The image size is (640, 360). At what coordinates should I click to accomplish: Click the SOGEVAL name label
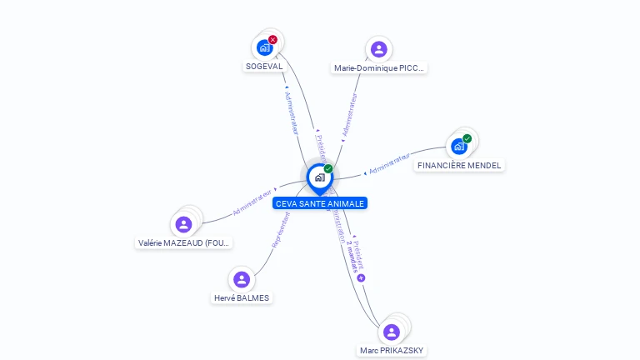pyautogui.click(x=264, y=66)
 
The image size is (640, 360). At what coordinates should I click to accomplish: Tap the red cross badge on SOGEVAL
pyautogui.click(x=272, y=39)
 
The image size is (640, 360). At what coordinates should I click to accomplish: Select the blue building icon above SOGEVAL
pyautogui.click(x=265, y=47)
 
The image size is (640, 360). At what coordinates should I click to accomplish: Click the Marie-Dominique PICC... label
pyautogui.click(x=379, y=68)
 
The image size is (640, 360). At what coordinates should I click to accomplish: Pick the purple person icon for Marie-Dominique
pyautogui.click(x=379, y=49)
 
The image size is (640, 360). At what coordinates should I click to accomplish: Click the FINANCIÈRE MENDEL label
pyautogui.click(x=459, y=165)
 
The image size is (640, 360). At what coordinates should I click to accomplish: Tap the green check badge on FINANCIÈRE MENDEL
pyautogui.click(x=467, y=138)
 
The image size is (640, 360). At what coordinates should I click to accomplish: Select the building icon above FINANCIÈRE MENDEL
pyautogui.click(x=458, y=147)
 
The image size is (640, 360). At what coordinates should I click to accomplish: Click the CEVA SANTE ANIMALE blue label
pyautogui.click(x=320, y=203)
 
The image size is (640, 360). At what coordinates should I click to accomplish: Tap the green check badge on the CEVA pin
pyautogui.click(x=328, y=169)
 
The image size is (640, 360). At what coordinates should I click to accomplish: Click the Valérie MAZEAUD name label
pyautogui.click(x=184, y=243)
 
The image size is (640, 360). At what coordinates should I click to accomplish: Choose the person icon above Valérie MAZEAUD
pyautogui.click(x=184, y=224)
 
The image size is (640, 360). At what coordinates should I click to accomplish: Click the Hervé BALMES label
pyautogui.click(x=242, y=297)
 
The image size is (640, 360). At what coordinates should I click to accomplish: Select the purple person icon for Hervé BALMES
pyautogui.click(x=242, y=279)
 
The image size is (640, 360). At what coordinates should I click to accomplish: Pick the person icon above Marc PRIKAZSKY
pyautogui.click(x=392, y=332)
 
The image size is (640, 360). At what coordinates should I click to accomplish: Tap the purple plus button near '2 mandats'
pyautogui.click(x=361, y=277)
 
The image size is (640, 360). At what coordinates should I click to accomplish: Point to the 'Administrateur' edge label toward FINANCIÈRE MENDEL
pyautogui.click(x=389, y=163)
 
